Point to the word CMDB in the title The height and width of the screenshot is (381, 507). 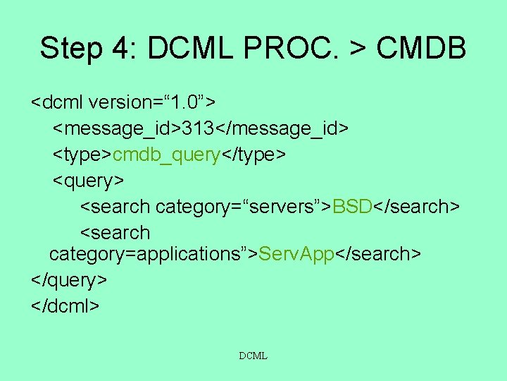pyautogui.click(x=421, y=49)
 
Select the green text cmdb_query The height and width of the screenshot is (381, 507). pyautogui.click(x=166, y=155)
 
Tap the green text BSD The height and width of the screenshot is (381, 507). pyautogui.click(x=352, y=207)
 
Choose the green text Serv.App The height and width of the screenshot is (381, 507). pyautogui.click(x=296, y=253)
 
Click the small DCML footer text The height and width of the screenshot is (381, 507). pyautogui.click(x=253, y=356)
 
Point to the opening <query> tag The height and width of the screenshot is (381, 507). pyautogui.click(x=89, y=181)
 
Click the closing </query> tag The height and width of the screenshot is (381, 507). pyautogui.click(x=69, y=279)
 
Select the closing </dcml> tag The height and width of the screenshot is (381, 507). pyautogui.click(x=65, y=306)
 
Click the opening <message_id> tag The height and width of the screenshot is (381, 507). pyautogui.click(x=117, y=129)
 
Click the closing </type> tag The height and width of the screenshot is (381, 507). pyautogui.click(x=254, y=155)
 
